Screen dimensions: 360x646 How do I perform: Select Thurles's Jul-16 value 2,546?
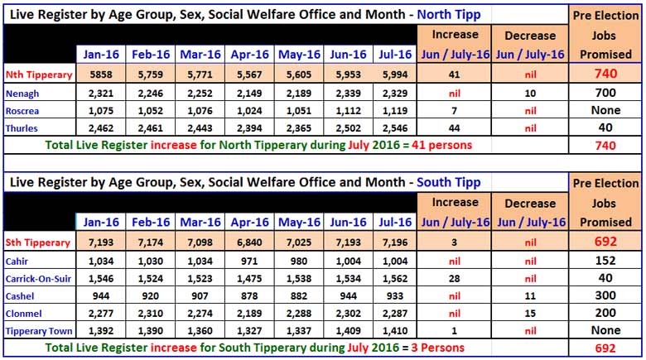393,129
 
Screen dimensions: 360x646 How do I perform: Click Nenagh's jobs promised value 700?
605,94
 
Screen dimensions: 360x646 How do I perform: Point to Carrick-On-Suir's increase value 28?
455,281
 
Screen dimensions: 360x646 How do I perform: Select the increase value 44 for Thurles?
455,129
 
